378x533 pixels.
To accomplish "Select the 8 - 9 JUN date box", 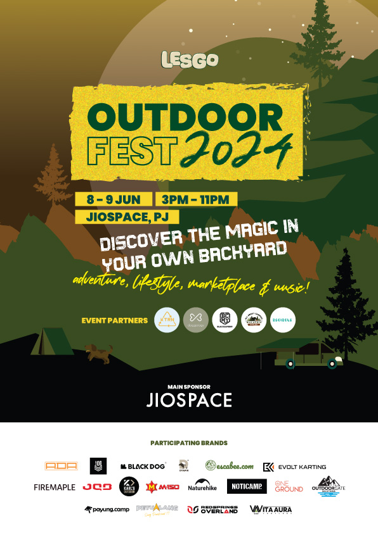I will pyautogui.click(x=113, y=199).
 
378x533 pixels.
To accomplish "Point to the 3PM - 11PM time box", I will pyautogui.click(x=195, y=199).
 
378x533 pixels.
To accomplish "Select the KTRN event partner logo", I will pyautogui.click(x=167, y=320).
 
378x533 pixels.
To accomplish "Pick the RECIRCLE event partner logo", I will pyautogui.click(x=282, y=320).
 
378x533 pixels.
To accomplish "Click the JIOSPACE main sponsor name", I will pyautogui.click(x=189, y=400).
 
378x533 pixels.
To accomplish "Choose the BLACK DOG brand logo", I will pyautogui.click(x=143, y=467).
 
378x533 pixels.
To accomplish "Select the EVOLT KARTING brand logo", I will pyautogui.click(x=294, y=467).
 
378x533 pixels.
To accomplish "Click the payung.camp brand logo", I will pyautogui.click(x=107, y=509).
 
